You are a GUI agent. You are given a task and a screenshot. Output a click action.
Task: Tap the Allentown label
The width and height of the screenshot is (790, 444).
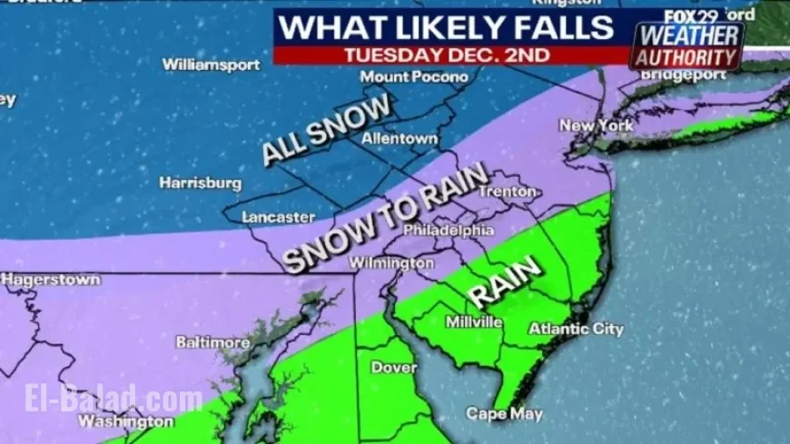(x=400, y=139)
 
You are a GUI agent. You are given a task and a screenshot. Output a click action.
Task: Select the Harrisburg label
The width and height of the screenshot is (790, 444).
(x=200, y=183)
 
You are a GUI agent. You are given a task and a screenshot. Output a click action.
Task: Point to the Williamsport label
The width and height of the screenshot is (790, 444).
(x=211, y=64)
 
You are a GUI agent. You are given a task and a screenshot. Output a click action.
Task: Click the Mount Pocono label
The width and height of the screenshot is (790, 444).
(x=414, y=77)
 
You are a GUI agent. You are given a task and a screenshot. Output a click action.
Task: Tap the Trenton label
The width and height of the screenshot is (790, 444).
(x=507, y=192)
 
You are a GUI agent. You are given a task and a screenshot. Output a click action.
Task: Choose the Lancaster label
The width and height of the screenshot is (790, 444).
(x=279, y=217)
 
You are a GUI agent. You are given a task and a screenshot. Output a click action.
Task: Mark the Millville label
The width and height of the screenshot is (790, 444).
(x=473, y=321)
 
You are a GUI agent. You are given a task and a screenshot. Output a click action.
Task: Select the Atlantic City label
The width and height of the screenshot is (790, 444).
(x=576, y=329)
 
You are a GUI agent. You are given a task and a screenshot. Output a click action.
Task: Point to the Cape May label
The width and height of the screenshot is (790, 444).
(x=504, y=414)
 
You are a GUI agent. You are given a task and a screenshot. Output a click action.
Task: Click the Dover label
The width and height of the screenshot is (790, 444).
(x=393, y=368)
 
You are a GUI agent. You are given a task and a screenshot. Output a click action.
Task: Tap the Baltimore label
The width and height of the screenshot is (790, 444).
(x=212, y=342)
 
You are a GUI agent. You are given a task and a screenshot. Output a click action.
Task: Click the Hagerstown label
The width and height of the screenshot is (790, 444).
(x=51, y=280)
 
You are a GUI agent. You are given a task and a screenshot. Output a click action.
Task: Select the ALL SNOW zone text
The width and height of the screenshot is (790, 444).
(x=326, y=129)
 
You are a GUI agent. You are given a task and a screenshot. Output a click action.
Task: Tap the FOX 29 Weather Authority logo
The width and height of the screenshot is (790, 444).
(x=687, y=41)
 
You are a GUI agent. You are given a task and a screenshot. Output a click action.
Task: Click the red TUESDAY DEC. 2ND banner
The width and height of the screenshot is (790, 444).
(x=447, y=54)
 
